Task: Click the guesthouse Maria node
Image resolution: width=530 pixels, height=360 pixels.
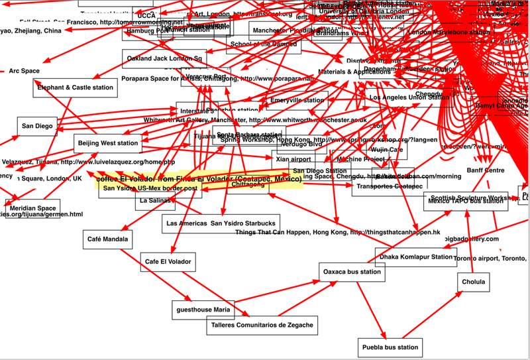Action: coord(203,309)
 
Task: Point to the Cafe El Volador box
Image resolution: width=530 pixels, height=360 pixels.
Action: coord(168,262)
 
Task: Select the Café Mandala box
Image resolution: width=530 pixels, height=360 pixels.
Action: coord(106,238)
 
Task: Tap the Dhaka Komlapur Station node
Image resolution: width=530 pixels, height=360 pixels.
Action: coord(415,257)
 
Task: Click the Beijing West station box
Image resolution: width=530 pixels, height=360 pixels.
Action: coord(108,143)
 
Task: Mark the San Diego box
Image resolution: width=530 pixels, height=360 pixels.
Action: coord(36,126)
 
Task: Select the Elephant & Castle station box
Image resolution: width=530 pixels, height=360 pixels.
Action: coord(75,88)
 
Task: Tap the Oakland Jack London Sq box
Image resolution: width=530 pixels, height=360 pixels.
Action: coord(166,59)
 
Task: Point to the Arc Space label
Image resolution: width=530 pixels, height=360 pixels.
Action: coord(24,71)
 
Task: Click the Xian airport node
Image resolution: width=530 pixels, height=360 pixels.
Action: coord(291,159)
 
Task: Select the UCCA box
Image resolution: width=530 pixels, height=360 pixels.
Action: coord(146,15)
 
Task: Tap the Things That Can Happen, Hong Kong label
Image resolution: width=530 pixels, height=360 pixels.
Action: coord(337,233)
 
